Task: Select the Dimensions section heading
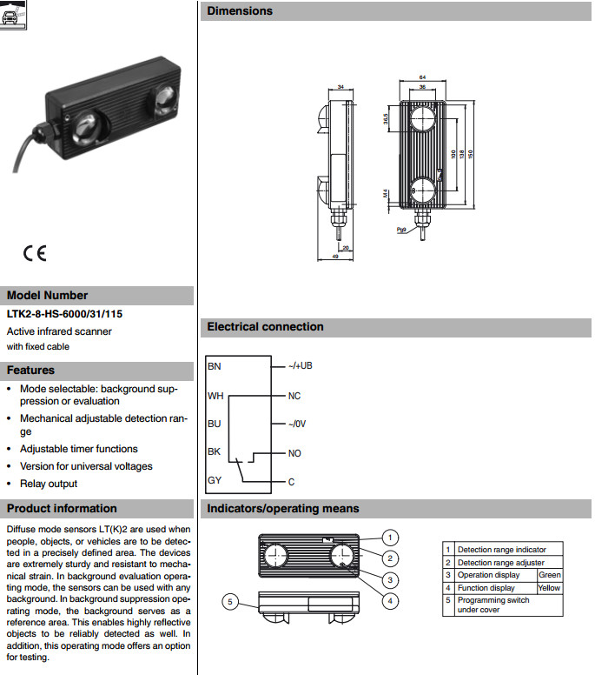click(x=240, y=11)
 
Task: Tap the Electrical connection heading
click(x=265, y=327)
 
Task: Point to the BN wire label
click(x=215, y=366)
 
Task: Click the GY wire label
click(x=215, y=480)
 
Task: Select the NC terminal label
click(x=294, y=396)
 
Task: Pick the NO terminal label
click(x=294, y=454)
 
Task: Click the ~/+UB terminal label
click(x=300, y=366)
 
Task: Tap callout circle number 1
click(x=391, y=537)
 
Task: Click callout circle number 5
click(x=230, y=601)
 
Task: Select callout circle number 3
click(x=391, y=579)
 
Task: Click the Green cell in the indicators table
click(x=550, y=575)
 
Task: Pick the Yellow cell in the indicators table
click(x=550, y=588)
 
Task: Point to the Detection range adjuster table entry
click(x=500, y=563)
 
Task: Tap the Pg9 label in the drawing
click(x=401, y=230)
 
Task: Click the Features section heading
click(x=31, y=370)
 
